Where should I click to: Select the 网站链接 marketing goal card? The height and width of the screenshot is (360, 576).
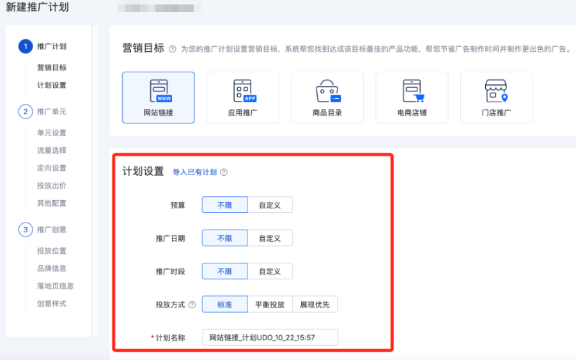[158, 97]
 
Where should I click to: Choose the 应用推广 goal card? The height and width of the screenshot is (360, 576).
[242, 97]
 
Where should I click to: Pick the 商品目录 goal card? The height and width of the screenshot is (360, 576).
[327, 97]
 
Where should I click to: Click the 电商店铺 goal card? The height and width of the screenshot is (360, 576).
[412, 97]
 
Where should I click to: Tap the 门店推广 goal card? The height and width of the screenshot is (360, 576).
[496, 97]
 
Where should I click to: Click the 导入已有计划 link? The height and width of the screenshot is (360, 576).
[194, 172]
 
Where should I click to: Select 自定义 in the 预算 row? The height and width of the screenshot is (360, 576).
[270, 205]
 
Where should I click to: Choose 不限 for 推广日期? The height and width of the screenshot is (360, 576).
[224, 238]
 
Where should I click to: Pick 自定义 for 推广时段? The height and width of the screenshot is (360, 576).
[270, 271]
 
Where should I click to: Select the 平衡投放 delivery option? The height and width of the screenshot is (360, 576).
[270, 304]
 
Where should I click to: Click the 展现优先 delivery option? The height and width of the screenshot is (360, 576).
[315, 304]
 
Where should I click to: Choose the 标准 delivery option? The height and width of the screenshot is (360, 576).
[224, 304]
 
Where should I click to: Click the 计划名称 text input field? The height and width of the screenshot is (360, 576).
[269, 337]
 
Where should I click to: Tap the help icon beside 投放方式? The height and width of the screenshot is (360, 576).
[192, 305]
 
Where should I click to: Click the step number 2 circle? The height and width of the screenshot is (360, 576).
[25, 111]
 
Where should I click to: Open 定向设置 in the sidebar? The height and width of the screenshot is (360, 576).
[52, 168]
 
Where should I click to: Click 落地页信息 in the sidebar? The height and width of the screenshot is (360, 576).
[55, 286]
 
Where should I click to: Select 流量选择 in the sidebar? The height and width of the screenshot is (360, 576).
[52, 150]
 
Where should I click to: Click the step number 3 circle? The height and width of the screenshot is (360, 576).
[25, 229]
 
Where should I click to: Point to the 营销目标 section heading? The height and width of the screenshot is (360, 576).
[143, 49]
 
